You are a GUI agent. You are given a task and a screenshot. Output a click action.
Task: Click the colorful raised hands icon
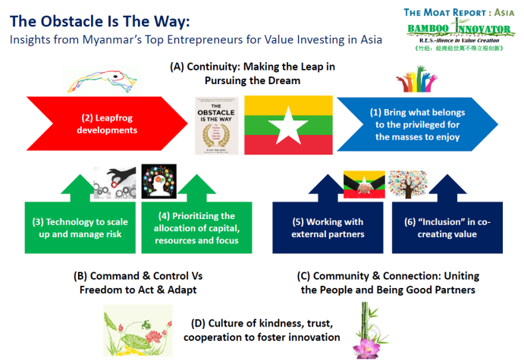416,80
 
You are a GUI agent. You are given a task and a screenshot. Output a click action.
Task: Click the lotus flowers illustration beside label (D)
138,328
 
